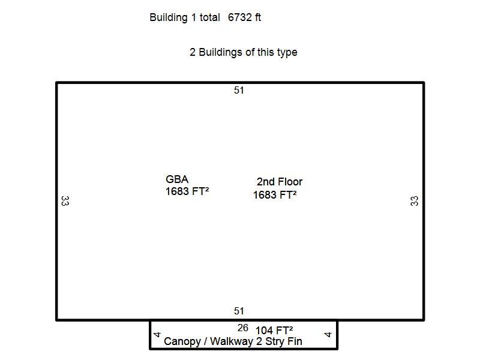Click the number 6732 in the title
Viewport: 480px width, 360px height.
(240, 17)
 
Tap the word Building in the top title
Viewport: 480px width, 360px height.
(169, 18)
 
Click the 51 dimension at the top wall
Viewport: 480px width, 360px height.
(239, 91)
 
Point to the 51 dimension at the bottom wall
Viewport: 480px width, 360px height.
(239, 311)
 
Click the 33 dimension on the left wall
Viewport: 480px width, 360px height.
(65, 201)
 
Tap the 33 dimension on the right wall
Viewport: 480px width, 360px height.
(414, 201)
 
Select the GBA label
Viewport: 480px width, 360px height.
(177, 179)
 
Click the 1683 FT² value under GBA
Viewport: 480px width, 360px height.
(187, 191)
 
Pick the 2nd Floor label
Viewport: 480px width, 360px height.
(280, 182)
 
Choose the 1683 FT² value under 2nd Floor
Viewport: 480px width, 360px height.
(275, 194)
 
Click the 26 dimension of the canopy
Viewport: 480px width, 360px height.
(243, 328)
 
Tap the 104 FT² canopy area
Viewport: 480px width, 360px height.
(274, 331)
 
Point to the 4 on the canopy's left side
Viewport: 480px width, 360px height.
(157, 335)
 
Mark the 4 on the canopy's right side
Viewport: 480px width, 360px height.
(328, 335)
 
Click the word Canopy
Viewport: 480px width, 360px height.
(182, 341)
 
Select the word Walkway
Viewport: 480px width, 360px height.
(232, 341)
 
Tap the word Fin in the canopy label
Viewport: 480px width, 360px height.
(295, 341)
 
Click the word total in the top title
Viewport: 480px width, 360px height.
(209, 17)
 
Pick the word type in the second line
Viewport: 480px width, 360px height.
(287, 53)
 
